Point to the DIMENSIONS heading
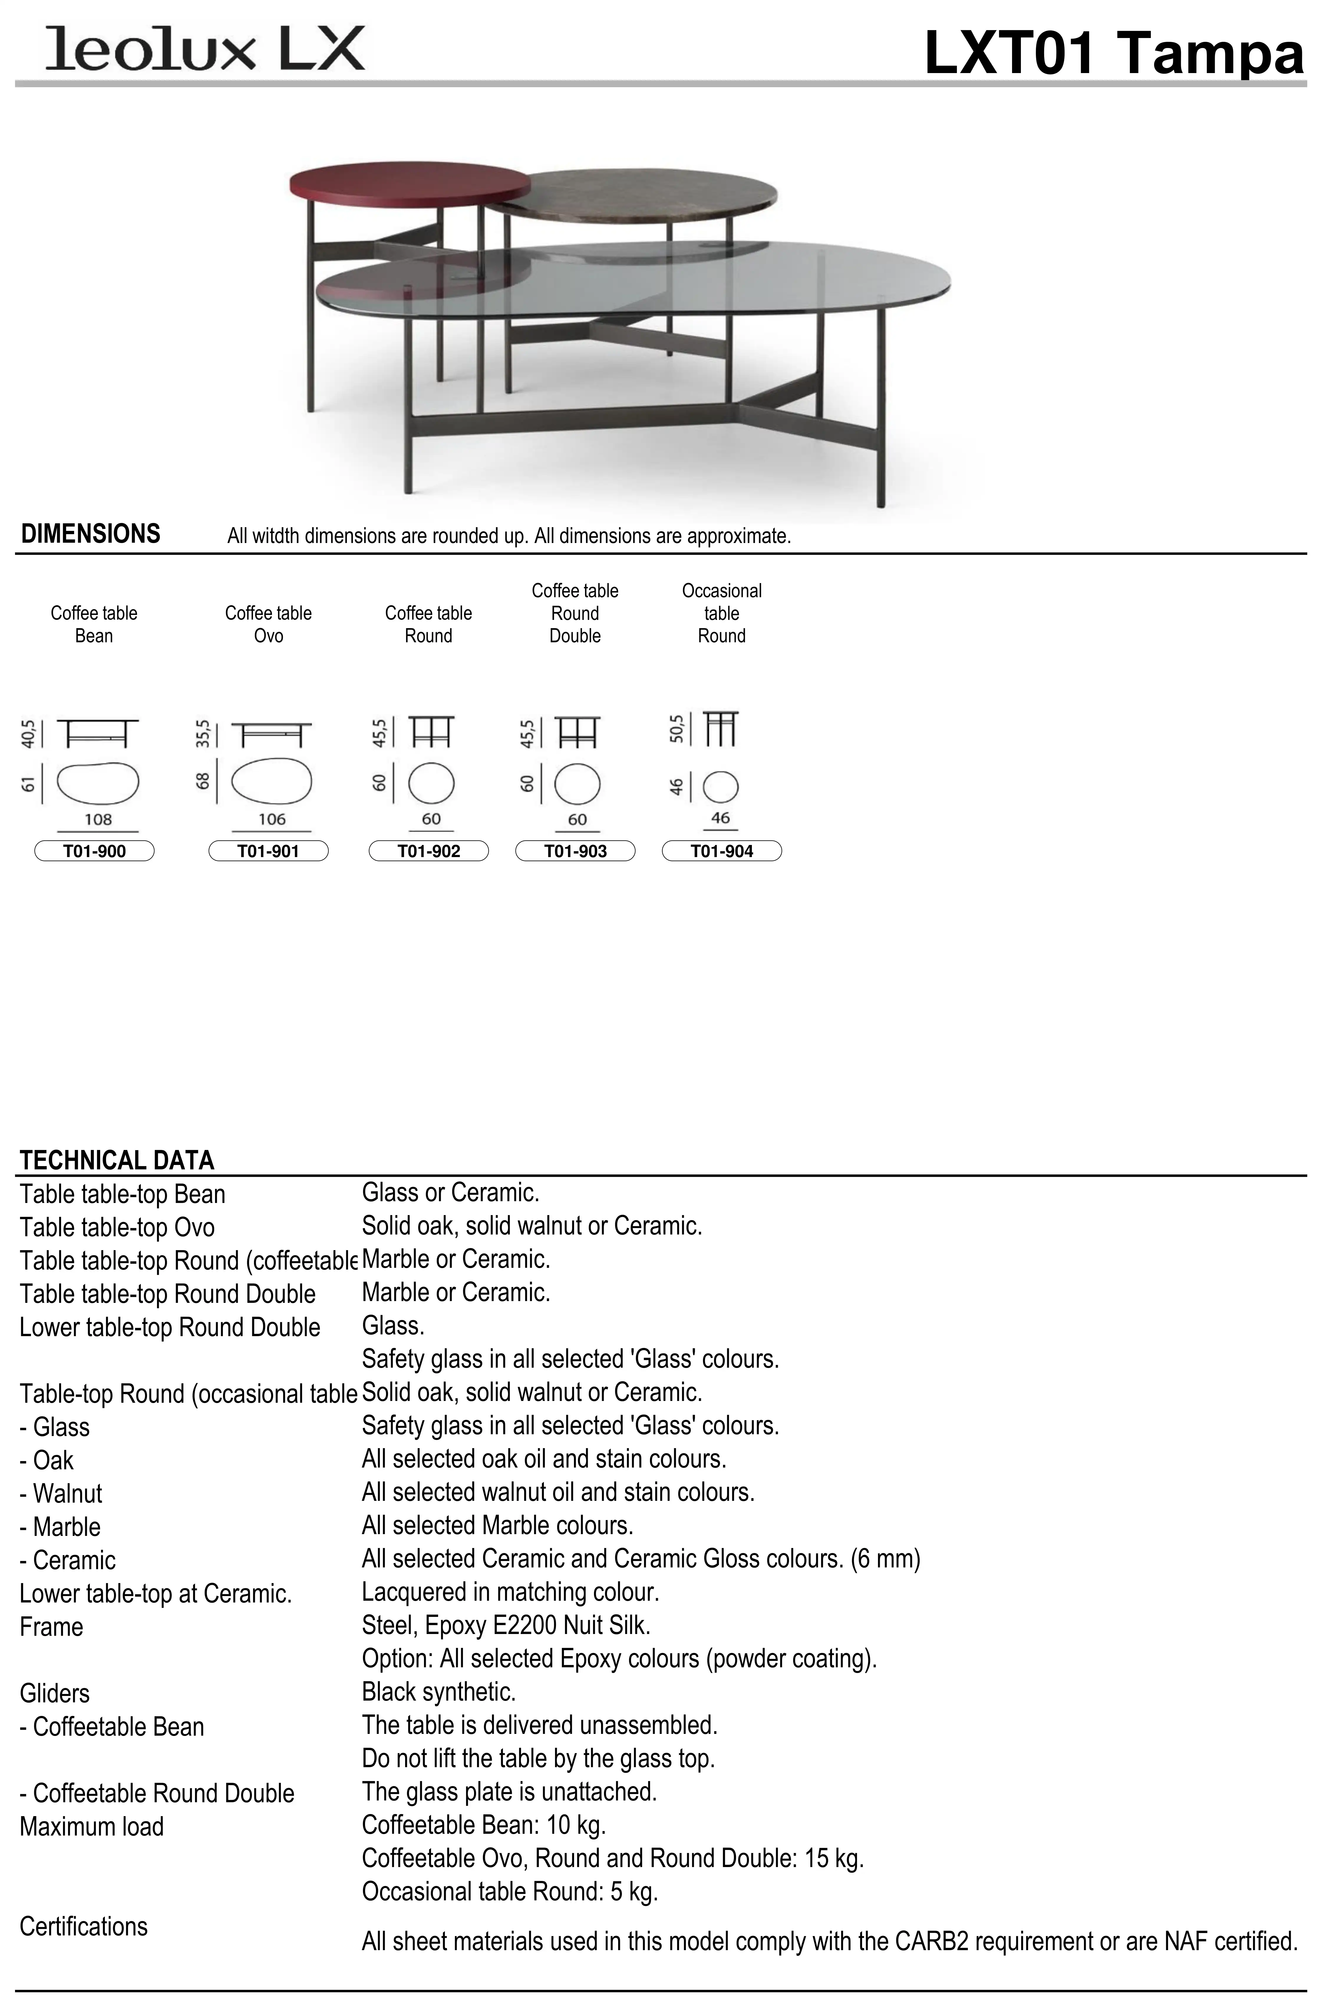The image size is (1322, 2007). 90,534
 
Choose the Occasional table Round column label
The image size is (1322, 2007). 722,613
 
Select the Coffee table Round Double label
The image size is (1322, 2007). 575,613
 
